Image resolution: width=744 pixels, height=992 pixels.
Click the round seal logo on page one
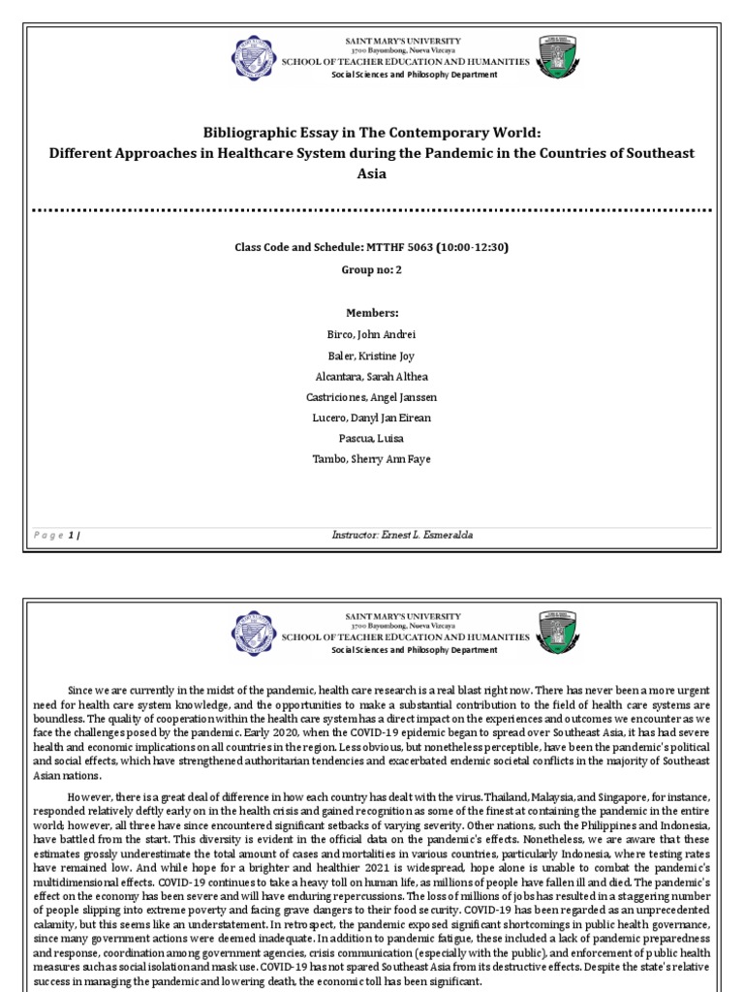[252, 58]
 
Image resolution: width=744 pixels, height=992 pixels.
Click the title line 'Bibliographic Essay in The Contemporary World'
[372, 132]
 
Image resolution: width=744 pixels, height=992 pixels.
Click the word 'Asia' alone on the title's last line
[372, 174]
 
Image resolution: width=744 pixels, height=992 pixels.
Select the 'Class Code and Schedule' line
[372, 247]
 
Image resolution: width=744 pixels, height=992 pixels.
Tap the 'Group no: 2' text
[372, 271]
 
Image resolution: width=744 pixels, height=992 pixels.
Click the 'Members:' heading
[372, 313]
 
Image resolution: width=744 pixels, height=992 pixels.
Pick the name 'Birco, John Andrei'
[372, 334]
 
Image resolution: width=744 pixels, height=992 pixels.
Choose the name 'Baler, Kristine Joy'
[372, 356]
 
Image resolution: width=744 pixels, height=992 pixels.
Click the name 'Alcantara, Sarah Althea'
[372, 376]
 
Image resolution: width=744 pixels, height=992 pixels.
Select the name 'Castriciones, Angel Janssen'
[372, 397]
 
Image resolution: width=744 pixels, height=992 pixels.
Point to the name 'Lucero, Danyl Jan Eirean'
[372, 418]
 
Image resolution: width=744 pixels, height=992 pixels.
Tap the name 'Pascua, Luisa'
[372, 439]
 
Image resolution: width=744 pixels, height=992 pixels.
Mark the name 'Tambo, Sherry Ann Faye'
[372, 459]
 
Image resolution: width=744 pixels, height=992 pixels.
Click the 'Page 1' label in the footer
[58, 535]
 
